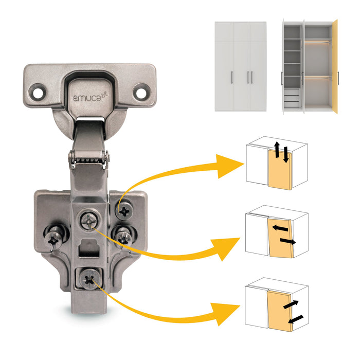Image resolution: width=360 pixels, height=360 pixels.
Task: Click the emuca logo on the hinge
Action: pos(88,95)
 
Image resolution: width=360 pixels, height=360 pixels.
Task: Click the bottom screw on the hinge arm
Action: pos(89,280)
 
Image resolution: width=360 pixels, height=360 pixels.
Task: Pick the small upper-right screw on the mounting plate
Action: pos(124,209)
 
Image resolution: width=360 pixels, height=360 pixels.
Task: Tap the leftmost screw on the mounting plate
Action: pos(54,238)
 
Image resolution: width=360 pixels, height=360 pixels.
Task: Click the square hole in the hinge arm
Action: pos(89,250)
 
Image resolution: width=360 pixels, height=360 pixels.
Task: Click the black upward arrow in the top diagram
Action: pos(277,151)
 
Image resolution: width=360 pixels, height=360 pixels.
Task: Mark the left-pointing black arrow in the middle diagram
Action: pos(279,227)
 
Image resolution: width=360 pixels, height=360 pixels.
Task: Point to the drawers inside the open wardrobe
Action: pos(291,98)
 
